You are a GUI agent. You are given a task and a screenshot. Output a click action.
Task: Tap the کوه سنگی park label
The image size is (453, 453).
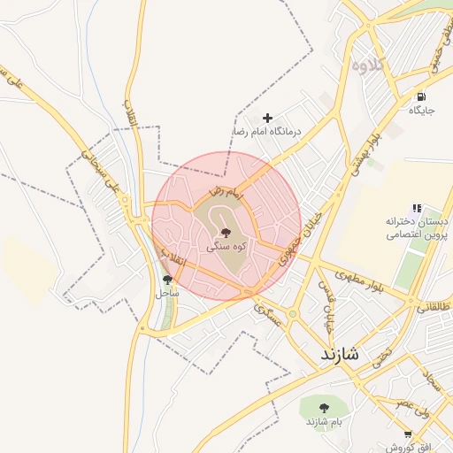(226, 248)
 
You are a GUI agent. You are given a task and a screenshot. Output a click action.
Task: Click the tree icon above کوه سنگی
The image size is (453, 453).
(226, 233)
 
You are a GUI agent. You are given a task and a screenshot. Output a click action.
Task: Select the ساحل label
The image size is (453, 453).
(167, 292)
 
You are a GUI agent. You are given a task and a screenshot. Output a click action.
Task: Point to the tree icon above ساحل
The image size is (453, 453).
(167, 279)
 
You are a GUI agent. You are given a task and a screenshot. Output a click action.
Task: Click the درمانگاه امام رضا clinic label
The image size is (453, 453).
(266, 131)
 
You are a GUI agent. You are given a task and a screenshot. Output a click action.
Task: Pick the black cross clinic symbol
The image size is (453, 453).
(268, 117)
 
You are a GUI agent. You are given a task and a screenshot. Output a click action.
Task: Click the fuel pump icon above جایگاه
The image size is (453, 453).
(421, 96)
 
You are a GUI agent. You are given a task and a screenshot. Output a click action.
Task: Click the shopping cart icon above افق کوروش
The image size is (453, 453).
(407, 434)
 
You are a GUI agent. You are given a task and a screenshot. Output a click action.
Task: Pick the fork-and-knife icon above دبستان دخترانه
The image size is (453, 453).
(417, 208)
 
